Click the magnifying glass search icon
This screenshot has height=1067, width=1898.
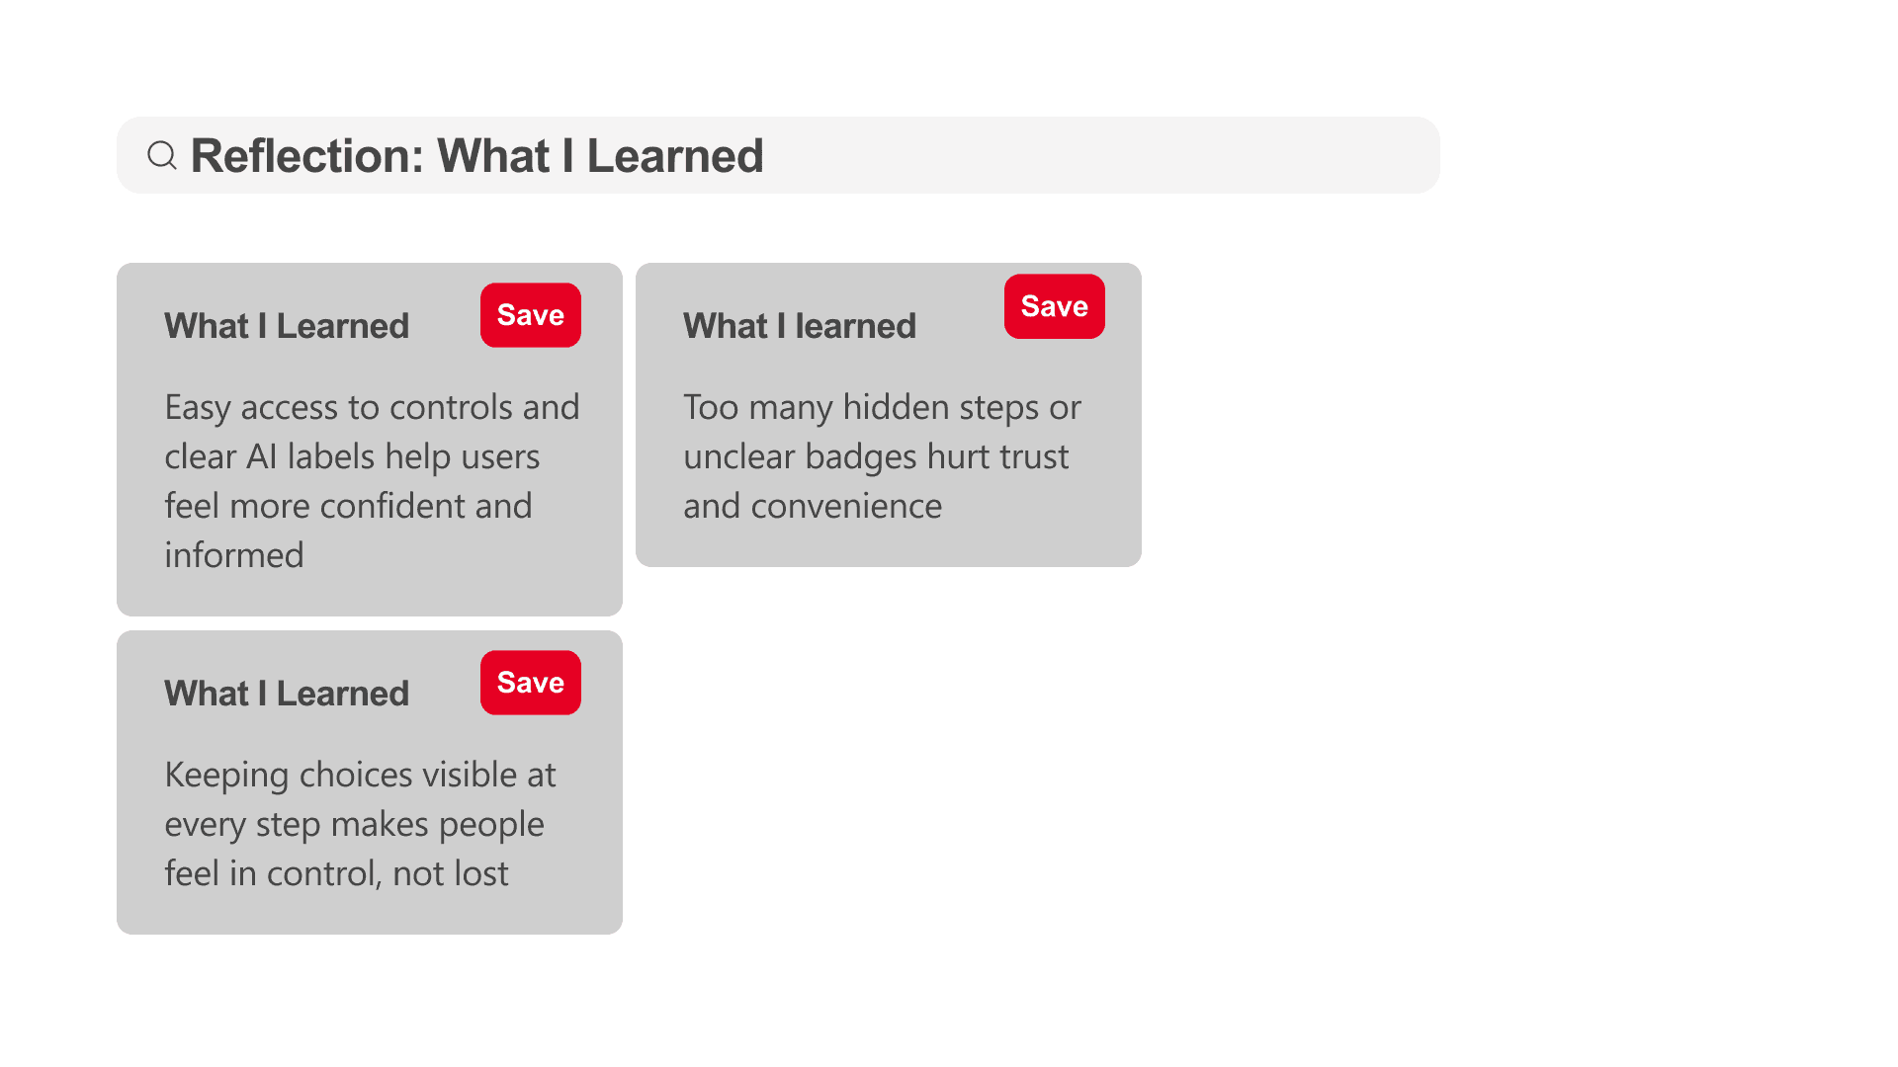[162, 155]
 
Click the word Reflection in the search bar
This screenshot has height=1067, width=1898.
[306, 156]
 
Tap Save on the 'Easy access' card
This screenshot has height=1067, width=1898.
[531, 315]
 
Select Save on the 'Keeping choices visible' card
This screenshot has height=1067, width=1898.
[531, 683]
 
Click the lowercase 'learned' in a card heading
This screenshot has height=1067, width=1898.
[856, 326]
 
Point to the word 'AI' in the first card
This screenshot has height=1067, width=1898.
[261, 456]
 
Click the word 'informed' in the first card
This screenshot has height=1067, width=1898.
[234, 555]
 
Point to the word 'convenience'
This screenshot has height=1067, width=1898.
[846, 507]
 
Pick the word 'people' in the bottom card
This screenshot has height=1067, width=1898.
[491, 825]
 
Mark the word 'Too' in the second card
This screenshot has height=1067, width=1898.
[711, 407]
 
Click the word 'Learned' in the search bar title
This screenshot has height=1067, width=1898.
[675, 156]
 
